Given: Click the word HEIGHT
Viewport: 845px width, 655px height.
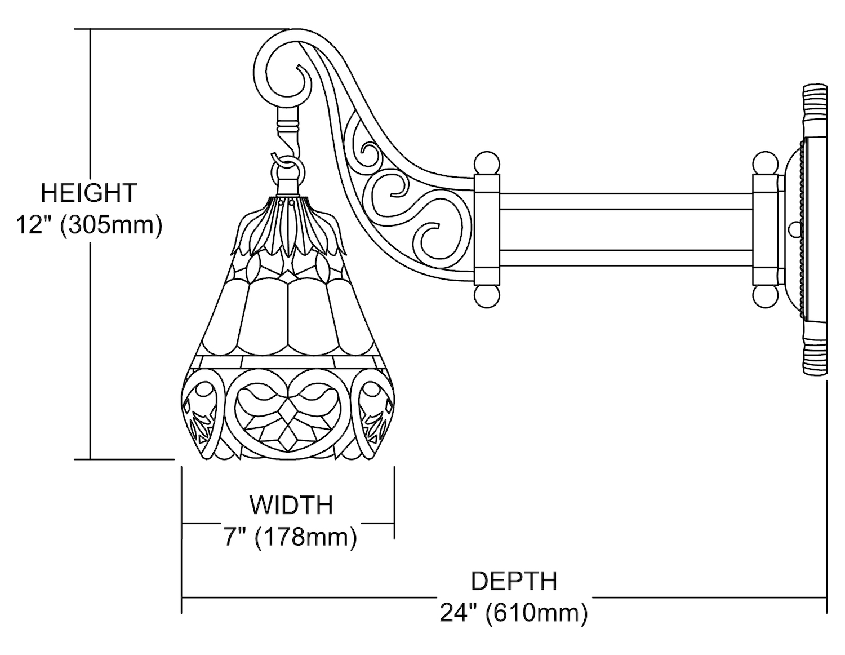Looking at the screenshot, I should (89, 193).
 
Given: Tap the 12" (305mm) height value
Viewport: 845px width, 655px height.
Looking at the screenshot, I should (89, 225).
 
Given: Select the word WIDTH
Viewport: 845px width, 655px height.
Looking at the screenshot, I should (292, 505).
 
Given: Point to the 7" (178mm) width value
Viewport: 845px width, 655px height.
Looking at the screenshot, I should (291, 537).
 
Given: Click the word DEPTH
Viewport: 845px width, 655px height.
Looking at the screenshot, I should (514, 581).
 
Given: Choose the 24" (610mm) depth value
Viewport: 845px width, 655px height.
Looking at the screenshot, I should (514, 613).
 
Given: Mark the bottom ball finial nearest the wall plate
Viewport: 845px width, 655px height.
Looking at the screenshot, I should (764, 295).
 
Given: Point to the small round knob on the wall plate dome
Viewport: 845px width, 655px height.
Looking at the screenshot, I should (794, 229).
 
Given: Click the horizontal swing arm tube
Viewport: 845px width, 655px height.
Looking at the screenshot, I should (625, 229).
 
